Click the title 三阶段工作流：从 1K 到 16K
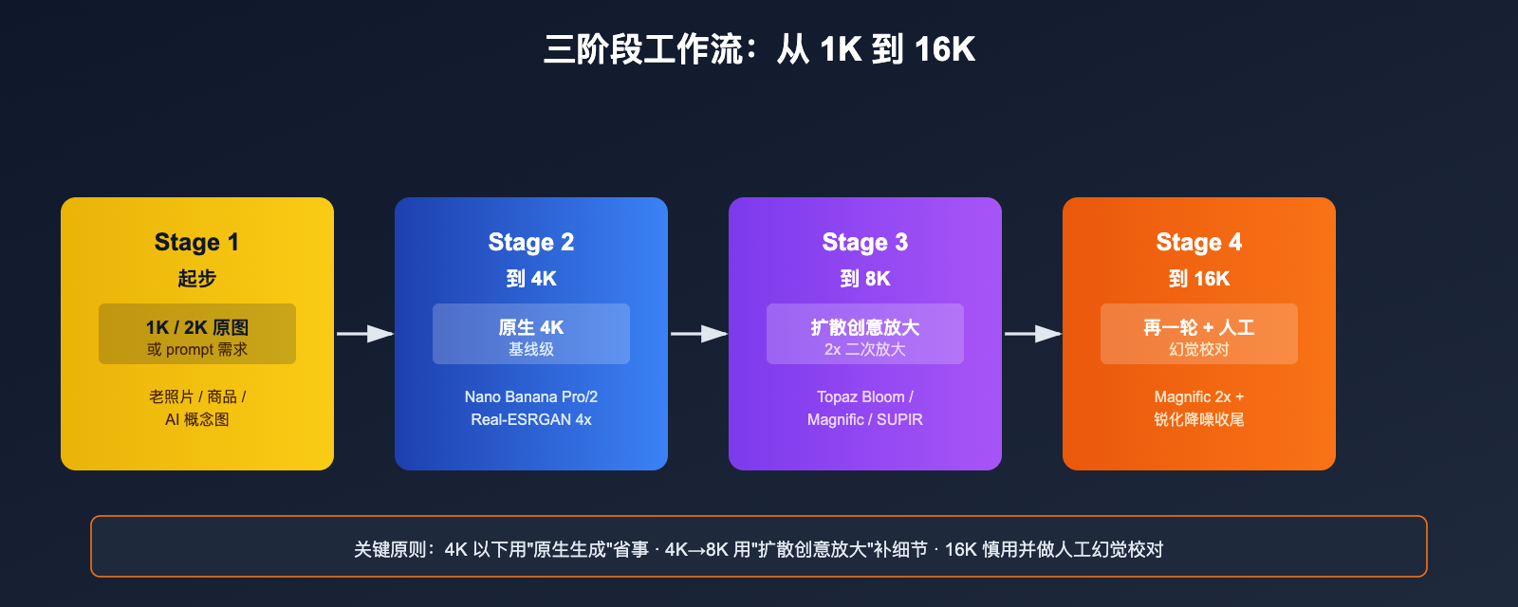[759, 49]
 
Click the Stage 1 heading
[196, 243]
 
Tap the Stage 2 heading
[530, 243]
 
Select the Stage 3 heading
[864, 243]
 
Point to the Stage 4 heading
[1198, 243]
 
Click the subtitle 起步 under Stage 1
[196, 279]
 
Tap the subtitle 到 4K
[530, 279]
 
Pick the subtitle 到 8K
[864, 279]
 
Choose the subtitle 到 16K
[1198, 279]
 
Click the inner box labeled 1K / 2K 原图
[196, 334]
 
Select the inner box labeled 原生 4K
[530, 334]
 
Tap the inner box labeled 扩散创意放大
[864, 334]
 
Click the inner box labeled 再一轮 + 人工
[1198, 334]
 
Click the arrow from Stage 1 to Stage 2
[364, 334]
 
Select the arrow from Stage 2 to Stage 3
[698, 334]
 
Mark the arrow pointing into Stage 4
[1032, 334]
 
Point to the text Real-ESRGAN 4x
[530, 419]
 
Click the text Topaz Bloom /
[864, 396]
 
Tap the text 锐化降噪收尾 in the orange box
[1198, 419]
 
